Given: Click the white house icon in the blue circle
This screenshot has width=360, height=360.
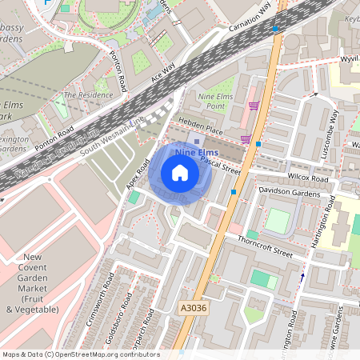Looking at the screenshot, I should (x=180, y=172).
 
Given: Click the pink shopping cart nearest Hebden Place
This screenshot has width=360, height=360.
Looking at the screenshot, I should (x=245, y=139).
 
